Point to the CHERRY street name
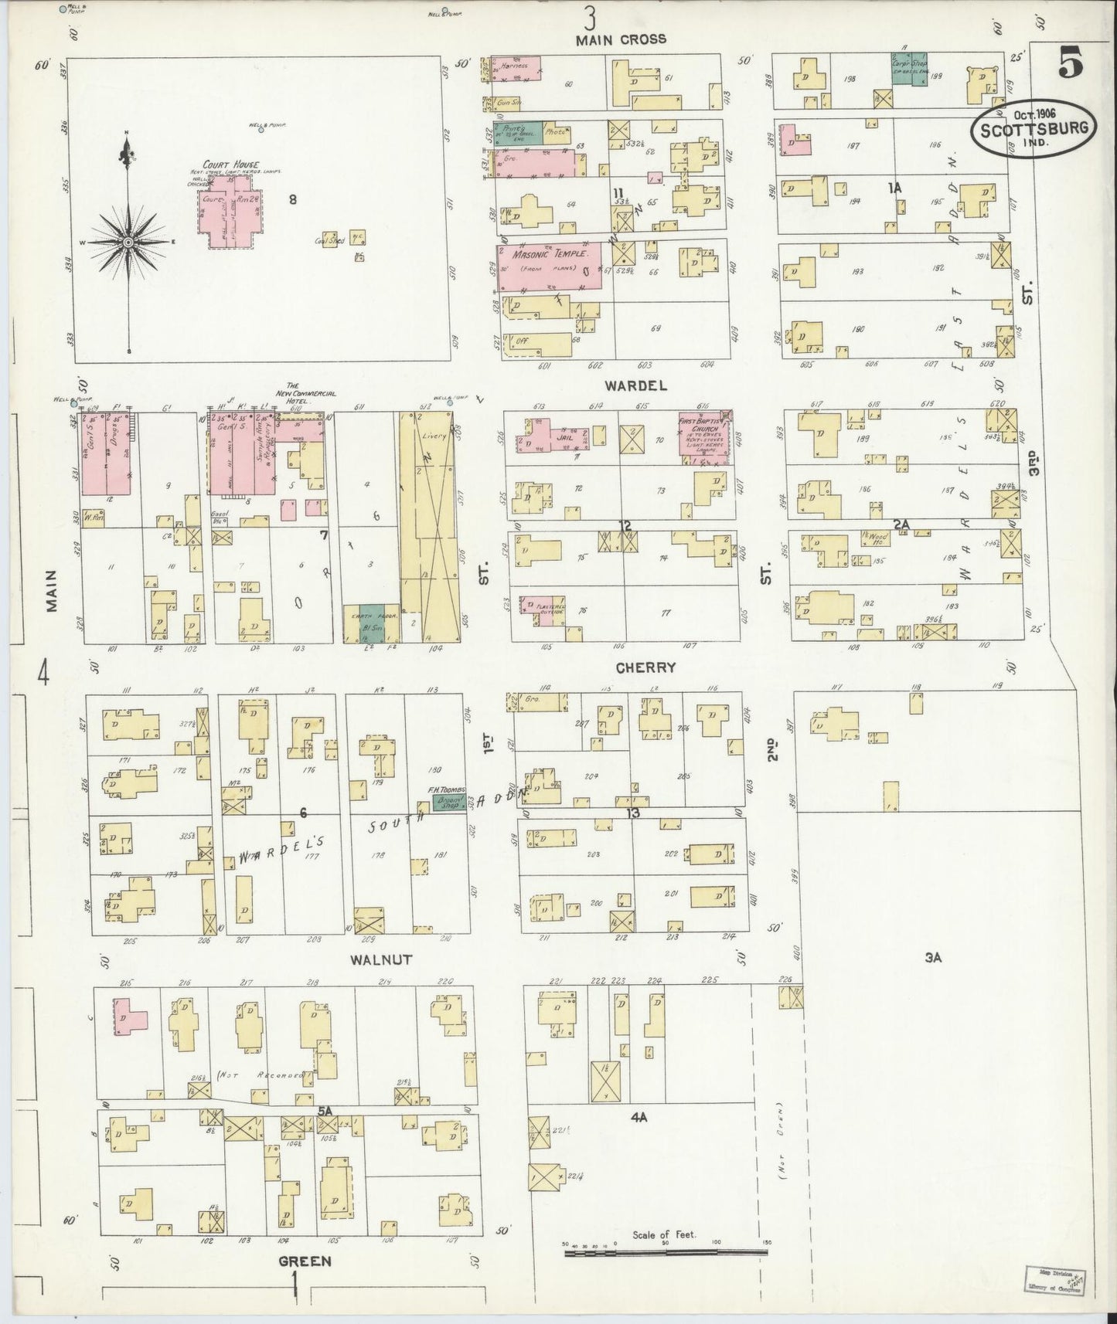[645, 667]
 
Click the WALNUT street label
[380, 959]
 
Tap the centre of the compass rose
[128, 243]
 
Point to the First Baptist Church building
[703, 438]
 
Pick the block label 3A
[933, 959]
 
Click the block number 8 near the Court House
[293, 200]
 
